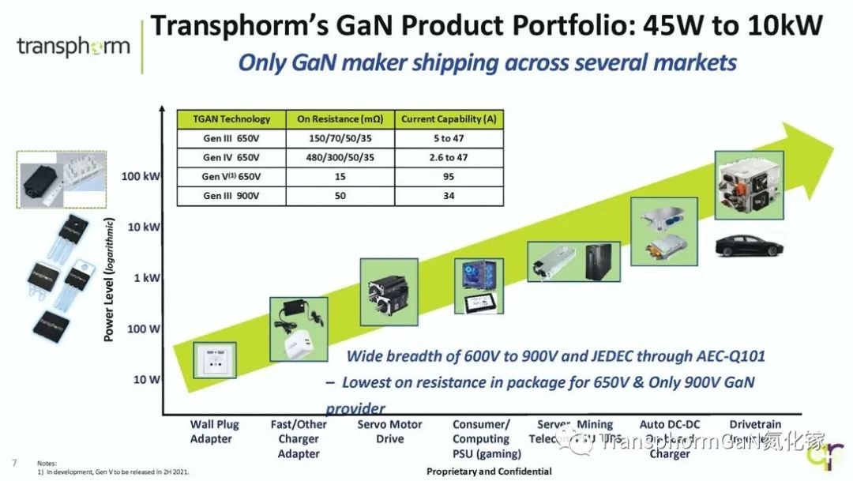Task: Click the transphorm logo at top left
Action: tap(73, 46)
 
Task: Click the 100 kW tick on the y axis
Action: tap(142, 175)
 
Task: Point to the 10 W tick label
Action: tap(145, 380)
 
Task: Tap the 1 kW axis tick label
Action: tap(145, 278)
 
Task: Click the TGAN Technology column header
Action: tap(231, 119)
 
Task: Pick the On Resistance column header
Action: tap(340, 119)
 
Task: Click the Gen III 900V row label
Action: tap(231, 195)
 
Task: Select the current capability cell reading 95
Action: tap(449, 176)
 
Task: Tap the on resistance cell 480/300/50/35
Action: tap(340, 157)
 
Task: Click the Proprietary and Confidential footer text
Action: tap(489, 472)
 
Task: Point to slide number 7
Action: tap(14, 462)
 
